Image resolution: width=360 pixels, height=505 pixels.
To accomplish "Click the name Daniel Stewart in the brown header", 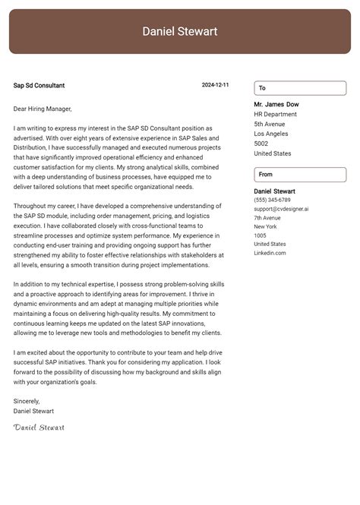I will (180, 31).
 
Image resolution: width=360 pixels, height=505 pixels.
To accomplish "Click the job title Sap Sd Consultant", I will (39, 86).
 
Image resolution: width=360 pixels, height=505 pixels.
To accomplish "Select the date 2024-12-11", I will (215, 86).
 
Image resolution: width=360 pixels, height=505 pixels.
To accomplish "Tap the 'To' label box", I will (300, 88).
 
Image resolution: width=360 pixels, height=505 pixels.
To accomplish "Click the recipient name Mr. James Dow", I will (276, 104).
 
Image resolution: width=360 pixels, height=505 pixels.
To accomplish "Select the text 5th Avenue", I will (270, 124).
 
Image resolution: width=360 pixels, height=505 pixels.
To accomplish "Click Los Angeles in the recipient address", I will (272, 134).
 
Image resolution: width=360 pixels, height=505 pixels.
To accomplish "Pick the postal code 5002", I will (261, 144).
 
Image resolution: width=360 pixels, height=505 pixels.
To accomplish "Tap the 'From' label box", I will (300, 175).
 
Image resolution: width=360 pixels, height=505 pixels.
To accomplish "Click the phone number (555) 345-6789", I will (272, 200).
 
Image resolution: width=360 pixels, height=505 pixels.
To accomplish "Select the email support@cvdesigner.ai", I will (281, 209).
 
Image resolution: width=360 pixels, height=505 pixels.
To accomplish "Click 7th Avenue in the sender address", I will (267, 218).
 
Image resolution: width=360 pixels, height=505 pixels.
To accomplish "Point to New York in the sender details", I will (266, 226).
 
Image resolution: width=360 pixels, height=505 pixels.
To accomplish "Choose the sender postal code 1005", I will (261, 235).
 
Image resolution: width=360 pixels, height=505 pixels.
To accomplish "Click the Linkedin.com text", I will (270, 253).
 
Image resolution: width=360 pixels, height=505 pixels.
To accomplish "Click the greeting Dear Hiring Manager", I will (43, 109).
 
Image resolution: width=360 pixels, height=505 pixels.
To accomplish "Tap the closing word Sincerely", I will (27, 401).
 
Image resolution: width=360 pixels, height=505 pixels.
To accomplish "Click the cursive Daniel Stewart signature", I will (39, 428).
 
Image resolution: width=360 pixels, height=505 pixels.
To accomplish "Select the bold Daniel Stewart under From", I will (275, 191).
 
